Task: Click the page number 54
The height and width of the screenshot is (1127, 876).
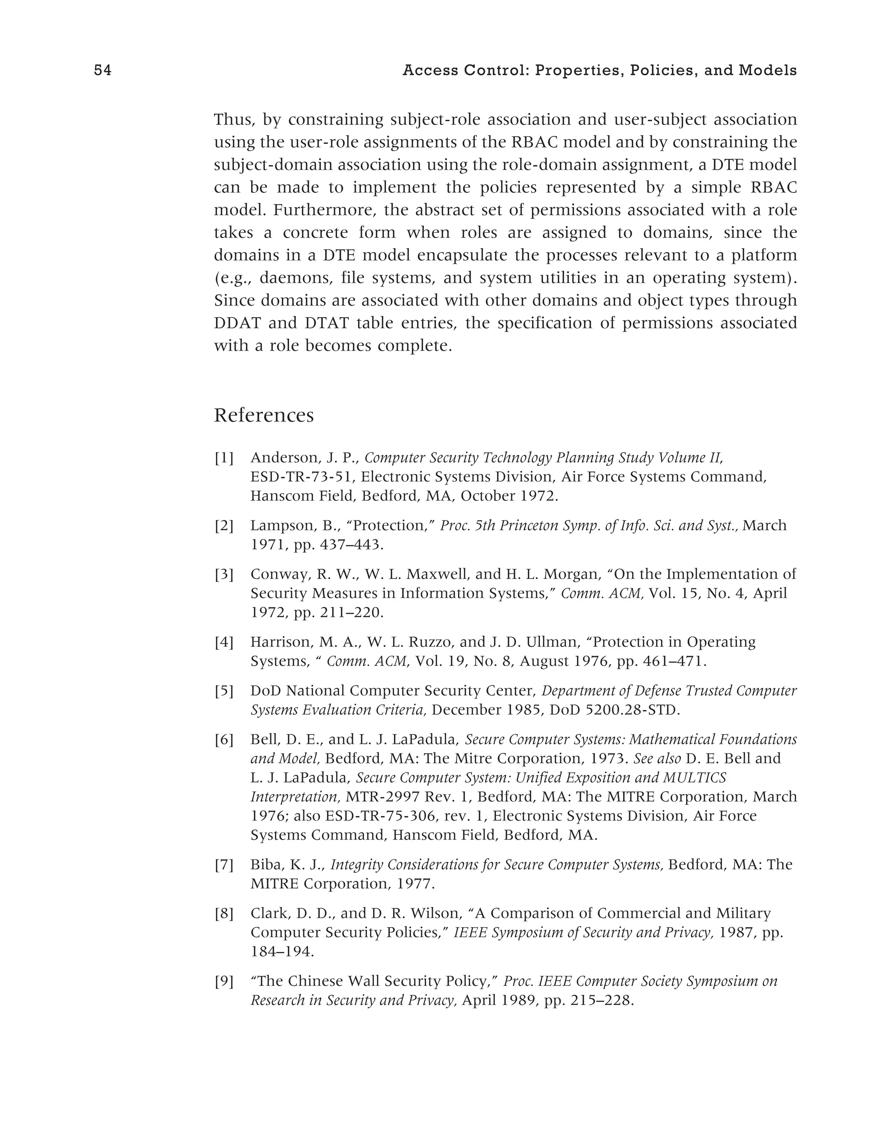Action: (103, 71)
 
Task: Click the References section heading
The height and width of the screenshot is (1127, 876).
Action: (263, 415)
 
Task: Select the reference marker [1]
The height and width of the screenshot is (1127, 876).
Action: (224, 458)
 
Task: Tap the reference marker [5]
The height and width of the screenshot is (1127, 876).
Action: (224, 691)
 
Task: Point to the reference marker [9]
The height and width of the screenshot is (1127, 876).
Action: (224, 981)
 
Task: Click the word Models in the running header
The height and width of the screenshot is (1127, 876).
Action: (768, 71)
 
